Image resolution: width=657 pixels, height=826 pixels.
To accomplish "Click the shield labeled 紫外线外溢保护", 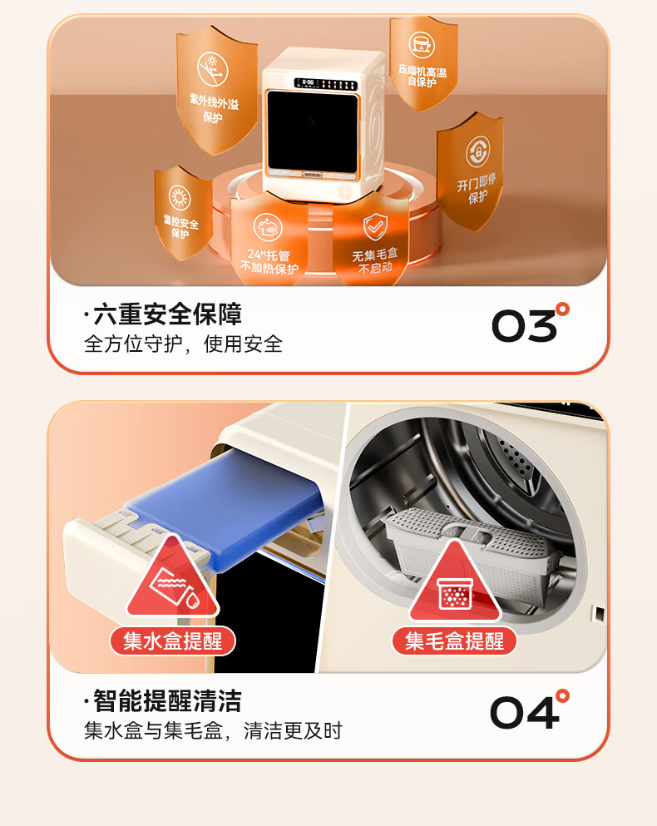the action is pos(216,90).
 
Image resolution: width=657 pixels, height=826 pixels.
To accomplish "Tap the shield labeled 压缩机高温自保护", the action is pos(423,63).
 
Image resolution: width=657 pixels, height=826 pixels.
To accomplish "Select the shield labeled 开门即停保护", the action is pos(470,171).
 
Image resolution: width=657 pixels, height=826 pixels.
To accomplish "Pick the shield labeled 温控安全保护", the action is pos(183,213).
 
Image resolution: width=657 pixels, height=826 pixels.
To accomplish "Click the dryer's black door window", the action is pos(312,131).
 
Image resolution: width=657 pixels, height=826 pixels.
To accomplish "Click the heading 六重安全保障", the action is pos(162,314).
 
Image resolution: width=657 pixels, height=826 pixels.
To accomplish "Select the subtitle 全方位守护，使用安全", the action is pos(183,344).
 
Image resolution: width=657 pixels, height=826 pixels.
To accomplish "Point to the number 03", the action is pos(531,323).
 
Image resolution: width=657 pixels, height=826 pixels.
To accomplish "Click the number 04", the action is pos(530,710).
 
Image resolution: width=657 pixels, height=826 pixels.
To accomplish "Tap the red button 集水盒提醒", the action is pos(172,641).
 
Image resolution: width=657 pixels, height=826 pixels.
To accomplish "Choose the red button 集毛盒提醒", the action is pos(454,641).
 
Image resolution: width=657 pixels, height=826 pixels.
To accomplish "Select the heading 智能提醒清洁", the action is pos(162,701).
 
